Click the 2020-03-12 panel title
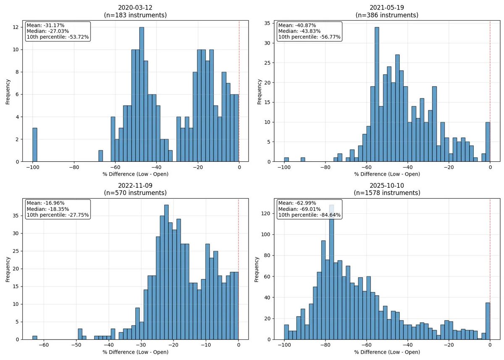pos(135,8)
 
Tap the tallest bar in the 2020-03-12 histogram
pos(142,95)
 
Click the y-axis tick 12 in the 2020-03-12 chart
pos(16,27)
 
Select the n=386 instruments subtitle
pos(386,15)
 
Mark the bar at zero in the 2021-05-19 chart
pos(487,142)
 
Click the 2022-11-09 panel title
pos(135,185)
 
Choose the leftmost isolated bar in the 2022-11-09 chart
pos(35,337)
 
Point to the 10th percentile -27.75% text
pos(58,215)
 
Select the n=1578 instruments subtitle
pos(386,193)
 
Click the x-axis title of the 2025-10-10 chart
pos(386,352)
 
